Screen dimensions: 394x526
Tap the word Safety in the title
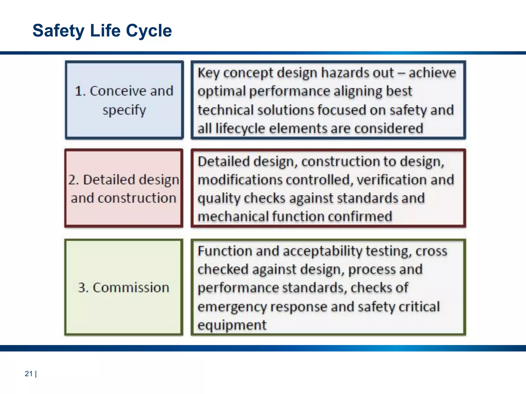(x=58, y=31)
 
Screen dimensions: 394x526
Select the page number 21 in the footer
(x=29, y=374)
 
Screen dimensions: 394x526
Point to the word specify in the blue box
(x=124, y=110)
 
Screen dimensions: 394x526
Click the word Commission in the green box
(x=131, y=287)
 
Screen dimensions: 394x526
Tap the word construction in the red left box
(x=137, y=198)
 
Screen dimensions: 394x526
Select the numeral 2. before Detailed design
(x=73, y=180)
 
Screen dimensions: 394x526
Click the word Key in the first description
(x=209, y=73)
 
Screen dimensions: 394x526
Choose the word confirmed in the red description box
(x=360, y=216)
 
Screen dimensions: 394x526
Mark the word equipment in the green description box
(x=232, y=325)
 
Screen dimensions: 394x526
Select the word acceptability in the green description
(x=322, y=251)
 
